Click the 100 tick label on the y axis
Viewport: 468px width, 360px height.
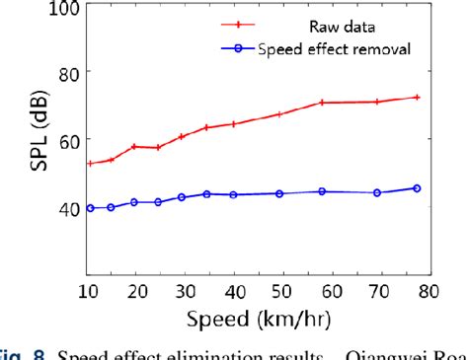click(62, 9)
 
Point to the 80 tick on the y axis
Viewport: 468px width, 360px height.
click(66, 73)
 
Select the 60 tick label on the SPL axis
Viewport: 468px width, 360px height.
click(66, 141)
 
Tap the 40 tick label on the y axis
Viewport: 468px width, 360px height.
click(66, 209)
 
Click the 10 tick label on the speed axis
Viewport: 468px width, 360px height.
click(89, 290)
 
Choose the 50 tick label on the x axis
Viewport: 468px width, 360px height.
click(283, 290)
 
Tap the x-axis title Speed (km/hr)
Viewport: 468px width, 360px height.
click(260, 319)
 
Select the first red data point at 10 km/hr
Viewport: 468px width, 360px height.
click(90, 164)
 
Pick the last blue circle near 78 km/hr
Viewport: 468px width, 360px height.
click(417, 188)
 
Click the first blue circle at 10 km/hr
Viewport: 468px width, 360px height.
click(90, 208)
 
